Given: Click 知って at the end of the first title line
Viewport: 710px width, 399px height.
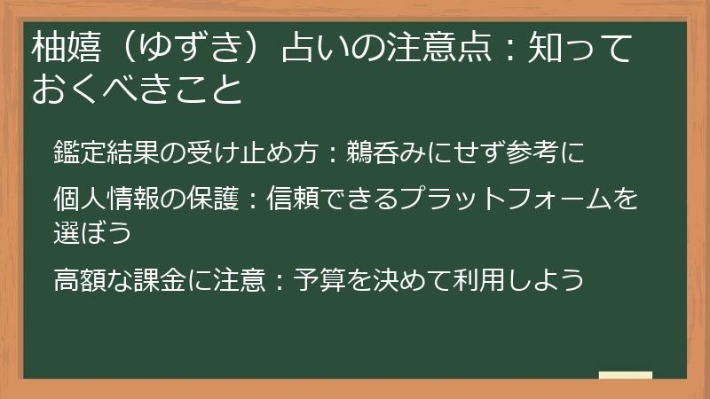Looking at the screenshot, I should click(x=577, y=45).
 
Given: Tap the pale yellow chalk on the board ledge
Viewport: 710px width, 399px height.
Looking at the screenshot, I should click(x=625, y=374).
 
